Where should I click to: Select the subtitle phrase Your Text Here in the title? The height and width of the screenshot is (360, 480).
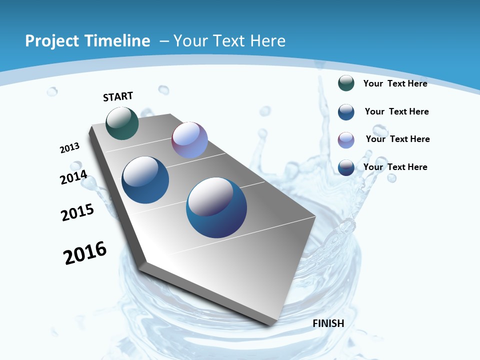pos(229,41)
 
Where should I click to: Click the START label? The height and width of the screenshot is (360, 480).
pos(118,96)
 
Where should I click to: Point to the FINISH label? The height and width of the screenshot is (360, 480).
pos(328,323)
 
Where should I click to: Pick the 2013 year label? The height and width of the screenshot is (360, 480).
pos(69,148)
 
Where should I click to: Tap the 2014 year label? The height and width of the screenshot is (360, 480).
pos(73,177)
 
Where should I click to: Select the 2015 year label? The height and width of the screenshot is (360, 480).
pos(77,212)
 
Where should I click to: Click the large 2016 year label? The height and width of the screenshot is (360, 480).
pos(85,253)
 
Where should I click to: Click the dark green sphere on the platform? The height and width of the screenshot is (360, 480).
pos(122,123)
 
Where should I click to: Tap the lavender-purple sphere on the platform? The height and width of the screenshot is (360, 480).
pos(189,140)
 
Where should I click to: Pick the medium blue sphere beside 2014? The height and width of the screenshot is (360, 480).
pos(145,180)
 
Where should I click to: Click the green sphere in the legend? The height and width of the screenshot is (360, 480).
pos(346,83)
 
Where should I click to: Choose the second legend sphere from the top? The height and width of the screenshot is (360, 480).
pos(346,112)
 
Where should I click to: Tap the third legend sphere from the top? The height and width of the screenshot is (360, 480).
pos(346,140)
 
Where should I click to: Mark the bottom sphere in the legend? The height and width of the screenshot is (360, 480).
pos(346,167)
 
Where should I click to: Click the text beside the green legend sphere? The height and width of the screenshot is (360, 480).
pos(395,83)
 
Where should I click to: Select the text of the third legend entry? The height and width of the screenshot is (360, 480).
pos(397,139)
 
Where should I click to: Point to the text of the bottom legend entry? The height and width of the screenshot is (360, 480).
pos(395,167)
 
